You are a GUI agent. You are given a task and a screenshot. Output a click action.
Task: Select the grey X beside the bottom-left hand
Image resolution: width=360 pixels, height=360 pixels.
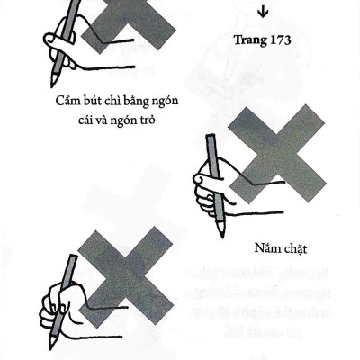pyautogui.click(x=129, y=277)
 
